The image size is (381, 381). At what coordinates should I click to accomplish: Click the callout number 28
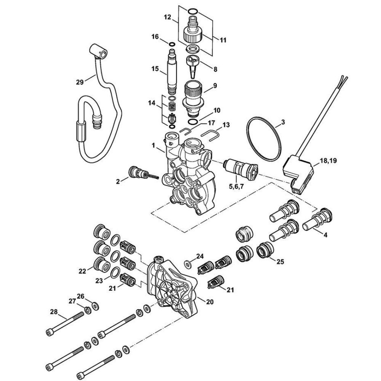click(53, 312)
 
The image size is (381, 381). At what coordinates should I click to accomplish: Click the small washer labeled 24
click(187, 264)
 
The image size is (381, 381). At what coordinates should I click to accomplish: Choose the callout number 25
click(280, 262)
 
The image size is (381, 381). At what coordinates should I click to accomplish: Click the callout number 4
click(325, 235)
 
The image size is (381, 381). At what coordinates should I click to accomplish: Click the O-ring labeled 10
click(194, 122)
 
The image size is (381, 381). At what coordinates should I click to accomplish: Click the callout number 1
click(153, 145)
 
